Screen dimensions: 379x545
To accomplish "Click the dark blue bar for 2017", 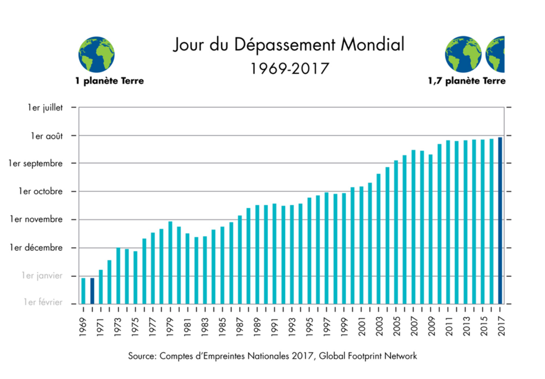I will pos(500,220).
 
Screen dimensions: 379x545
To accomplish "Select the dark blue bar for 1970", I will pos(92,291).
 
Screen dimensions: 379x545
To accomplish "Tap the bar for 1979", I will pos(170,263).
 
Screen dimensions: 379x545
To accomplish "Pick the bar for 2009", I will pos(431,229).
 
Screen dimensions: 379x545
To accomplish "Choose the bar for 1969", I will pos(84,291).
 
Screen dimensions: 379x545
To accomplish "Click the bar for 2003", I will pos(378,239).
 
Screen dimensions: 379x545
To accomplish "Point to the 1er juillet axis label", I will pos(45,108).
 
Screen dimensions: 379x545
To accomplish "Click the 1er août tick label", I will pos(47,136).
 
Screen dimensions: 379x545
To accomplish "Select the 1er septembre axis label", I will pos(36,164).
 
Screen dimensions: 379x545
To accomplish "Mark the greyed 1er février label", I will pos(43,303).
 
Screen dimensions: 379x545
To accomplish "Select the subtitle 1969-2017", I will pos(289,69).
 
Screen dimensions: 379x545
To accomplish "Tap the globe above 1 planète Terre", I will pos(96,55).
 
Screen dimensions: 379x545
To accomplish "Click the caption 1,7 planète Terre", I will pos(466,81).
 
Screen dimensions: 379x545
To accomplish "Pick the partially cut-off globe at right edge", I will pos(495,55).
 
